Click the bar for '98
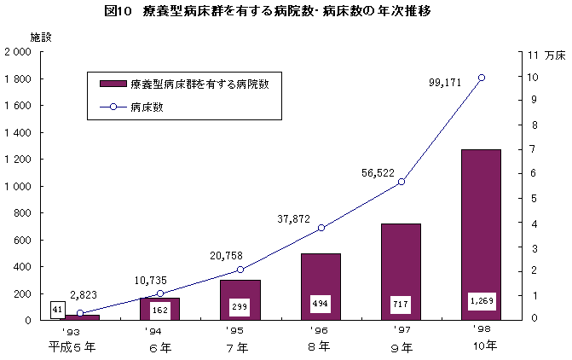click(481, 235)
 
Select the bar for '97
click(401, 271)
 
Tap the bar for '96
click(321, 287)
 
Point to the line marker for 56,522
click(402, 182)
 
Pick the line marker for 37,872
click(321, 228)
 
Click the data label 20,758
click(228, 255)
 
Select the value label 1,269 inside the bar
click(482, 301)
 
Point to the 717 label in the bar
click(401, 303)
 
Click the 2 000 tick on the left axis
click(18, 52)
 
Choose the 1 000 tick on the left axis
click(18, 186)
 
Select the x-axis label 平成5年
click(72, 346)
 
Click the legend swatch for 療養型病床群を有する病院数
click(113, 84)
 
